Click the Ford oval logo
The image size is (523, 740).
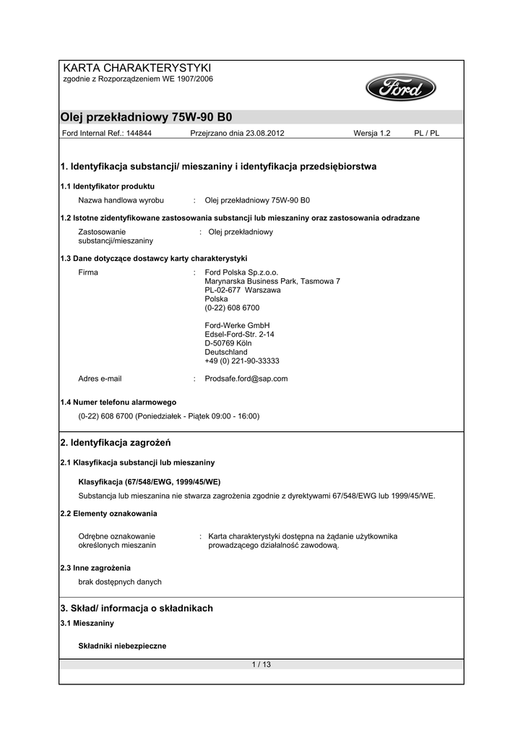[401, 89]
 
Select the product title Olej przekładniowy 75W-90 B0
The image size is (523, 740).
[146, 117]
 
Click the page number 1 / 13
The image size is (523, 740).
[261, 664]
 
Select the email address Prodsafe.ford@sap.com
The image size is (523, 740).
[246, 378]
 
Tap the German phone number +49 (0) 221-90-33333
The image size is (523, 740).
[242, 361]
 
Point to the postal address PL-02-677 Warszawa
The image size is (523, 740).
[243, 290]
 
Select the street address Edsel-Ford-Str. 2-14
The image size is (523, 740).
[240, 335]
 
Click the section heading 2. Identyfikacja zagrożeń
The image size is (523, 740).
[116, 442]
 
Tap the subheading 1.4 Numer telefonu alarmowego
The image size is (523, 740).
[118, 402]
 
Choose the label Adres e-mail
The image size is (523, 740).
[100, 378]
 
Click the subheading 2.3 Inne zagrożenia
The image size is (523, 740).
[96, 568]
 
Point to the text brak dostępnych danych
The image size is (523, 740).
[120, 582]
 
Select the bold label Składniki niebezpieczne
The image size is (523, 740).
[122, 646]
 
